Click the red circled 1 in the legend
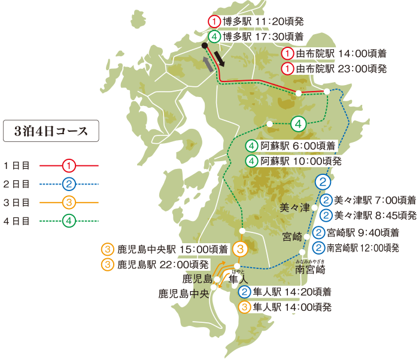[x=69, y=164]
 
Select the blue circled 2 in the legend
[x=69, y=183]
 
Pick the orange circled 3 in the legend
[x=69, y=202]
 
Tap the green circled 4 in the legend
[x=69, y=221]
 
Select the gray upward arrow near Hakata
[x=208, y=65]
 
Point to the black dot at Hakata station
[x=205, y=52]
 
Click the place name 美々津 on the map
[x=295, y=208]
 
